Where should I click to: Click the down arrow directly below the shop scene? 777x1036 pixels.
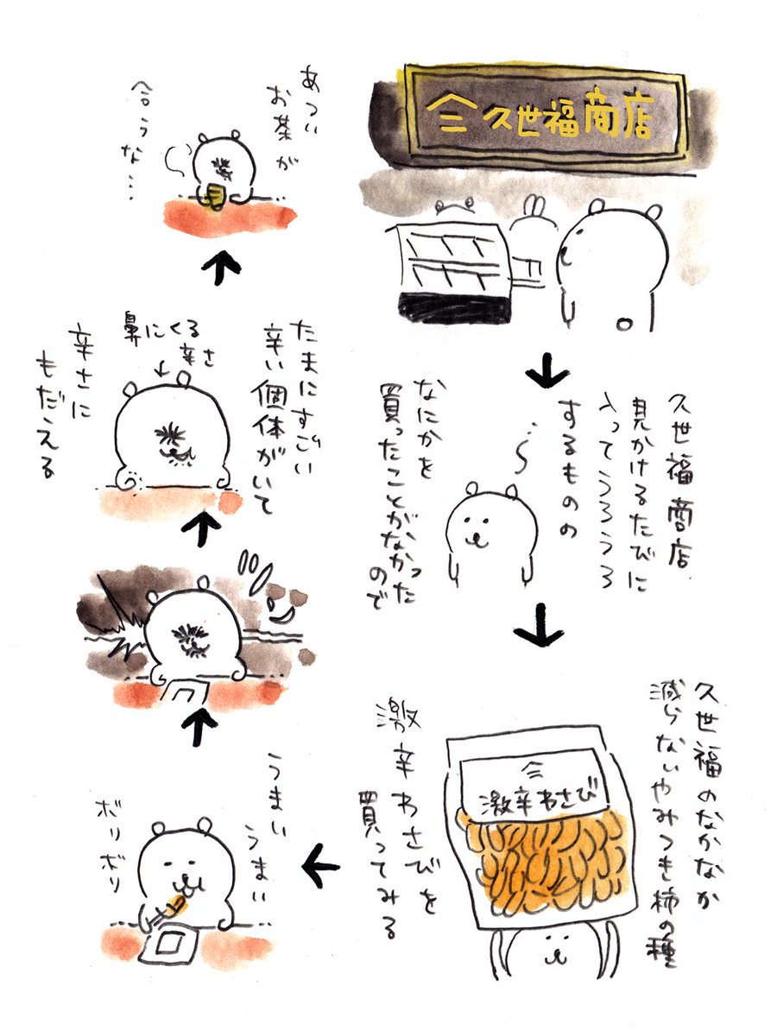(546, 373)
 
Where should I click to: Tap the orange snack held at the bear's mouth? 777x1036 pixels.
(177, 903)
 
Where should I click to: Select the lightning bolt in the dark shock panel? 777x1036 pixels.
(117, 613)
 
